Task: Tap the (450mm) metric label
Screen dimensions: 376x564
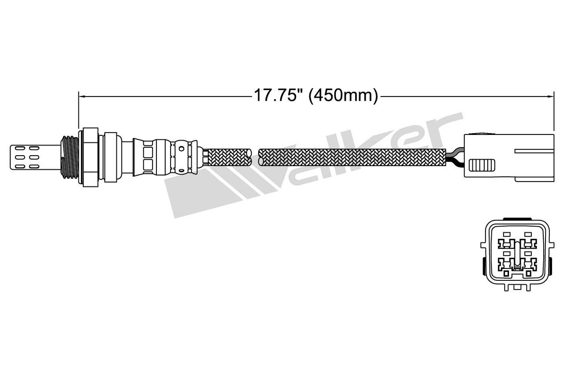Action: [x=343, y=95]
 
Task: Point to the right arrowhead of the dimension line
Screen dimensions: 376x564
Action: [x=550, y=95]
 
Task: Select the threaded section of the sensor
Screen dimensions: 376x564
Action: [x=69, y=156]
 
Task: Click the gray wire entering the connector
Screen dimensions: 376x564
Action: [x=454, y=154]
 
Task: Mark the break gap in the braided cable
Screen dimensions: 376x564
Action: [x=255, y=157]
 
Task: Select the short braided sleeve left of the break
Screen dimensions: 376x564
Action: [x=228, y=157]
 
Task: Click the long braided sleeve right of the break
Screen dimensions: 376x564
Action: [x=352, y=157]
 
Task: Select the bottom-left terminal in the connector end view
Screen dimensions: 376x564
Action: [x=505, y=265]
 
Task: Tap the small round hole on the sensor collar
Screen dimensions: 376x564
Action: [x=180, y=149]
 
